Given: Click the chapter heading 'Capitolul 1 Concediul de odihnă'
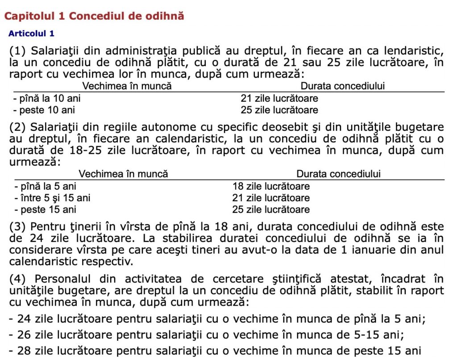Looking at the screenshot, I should [x=94, y=16].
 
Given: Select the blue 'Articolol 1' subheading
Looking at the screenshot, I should [x=31, y=33].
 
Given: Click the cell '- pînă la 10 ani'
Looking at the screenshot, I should [x=47, y=98].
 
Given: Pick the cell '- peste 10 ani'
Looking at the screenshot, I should [x=44, y=110].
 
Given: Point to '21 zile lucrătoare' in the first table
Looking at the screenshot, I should [x=279, y=98].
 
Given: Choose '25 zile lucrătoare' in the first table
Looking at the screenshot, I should [x=279, y=110].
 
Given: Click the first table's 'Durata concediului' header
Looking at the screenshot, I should [x=342, y=86].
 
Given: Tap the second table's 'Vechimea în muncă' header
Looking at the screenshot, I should [x=124, y=174].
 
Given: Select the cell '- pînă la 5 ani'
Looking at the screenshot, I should [x=45, y=186].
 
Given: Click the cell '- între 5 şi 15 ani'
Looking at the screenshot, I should [x=52, y=198].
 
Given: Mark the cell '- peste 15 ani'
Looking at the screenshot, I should [x=45, y=209].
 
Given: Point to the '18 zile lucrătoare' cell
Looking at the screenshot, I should [x=271, y=186].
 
